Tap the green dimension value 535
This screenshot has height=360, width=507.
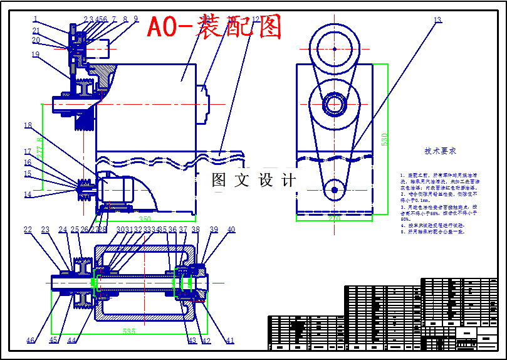click(129, 331)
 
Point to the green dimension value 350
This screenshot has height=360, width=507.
click(145, 219)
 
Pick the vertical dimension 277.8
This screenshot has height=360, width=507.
click(40, 147)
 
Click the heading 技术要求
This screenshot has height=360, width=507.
click(440, 151)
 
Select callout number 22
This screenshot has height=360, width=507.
click(28, 230)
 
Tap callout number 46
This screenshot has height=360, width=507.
click(30, 341)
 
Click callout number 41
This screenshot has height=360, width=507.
click(230, 341)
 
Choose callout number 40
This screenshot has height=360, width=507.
click(231, 230)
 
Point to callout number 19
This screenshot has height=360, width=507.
click(35, 55)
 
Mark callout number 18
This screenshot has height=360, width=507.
click(28, 125)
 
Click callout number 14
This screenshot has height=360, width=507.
click(28, 194)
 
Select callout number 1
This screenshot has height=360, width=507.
click(36, 19)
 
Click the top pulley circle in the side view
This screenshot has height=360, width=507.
click(335, 48)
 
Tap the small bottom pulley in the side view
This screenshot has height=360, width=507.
click(335, 189)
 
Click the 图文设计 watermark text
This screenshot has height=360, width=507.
click(253, 181)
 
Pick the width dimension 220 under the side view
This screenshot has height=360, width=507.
click(334, 219)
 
